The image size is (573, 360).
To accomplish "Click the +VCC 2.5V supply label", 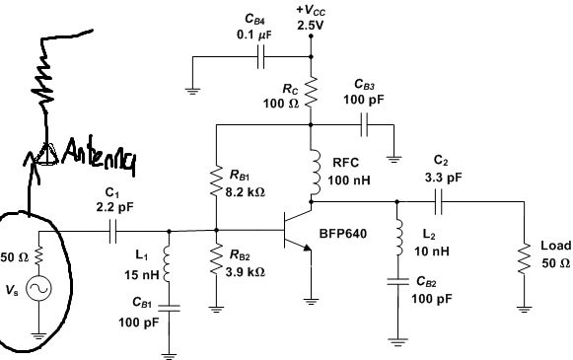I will click(x=310, y=17).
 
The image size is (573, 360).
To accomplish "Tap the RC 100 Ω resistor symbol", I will click(x=312, y=94).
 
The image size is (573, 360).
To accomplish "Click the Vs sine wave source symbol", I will click(x=39, y=289).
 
